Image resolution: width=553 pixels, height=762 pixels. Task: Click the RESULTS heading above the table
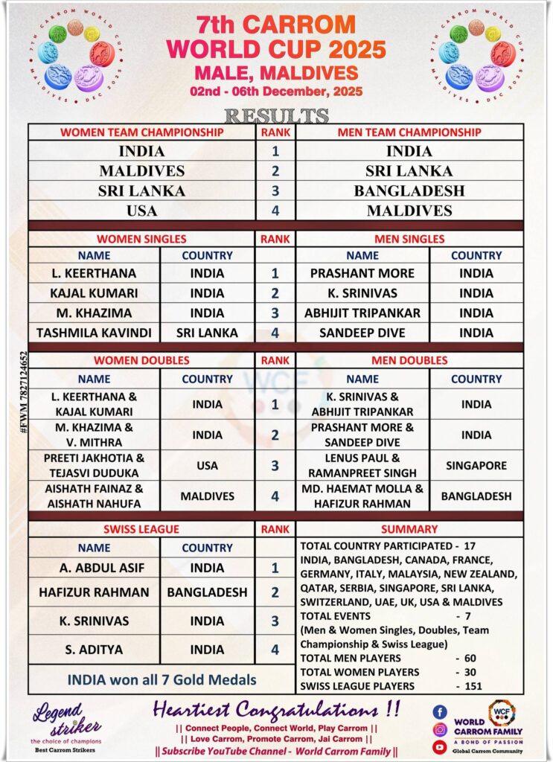point(276,116)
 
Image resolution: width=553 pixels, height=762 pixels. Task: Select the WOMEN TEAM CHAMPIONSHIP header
point(141,132)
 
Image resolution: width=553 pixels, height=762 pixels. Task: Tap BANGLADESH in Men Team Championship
point(409,190)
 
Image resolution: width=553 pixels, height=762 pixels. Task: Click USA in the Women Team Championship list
point(141,211)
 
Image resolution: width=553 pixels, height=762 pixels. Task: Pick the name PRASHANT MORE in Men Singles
point(362,273)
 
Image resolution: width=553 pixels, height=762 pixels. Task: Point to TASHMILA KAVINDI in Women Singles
point(94,333)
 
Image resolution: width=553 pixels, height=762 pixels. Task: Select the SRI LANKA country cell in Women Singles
point(207,333)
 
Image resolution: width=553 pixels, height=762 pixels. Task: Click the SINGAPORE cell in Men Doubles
point(476,466)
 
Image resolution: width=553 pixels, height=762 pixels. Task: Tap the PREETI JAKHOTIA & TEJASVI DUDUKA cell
point(94,466)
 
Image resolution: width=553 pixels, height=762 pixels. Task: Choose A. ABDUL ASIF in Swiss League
point(94,568)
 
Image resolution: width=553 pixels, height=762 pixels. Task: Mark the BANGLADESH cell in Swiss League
point(207,592)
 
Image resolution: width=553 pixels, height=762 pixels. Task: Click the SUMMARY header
point(409,529)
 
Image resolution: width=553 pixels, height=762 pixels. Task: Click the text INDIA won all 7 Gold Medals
point(162,679)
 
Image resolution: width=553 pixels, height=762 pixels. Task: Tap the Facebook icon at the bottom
point(440,711)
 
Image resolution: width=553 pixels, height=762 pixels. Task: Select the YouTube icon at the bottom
point(440,746)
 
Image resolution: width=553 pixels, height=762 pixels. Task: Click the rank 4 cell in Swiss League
point(275,650)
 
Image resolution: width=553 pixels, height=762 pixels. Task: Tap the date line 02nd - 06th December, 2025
point(276,92)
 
